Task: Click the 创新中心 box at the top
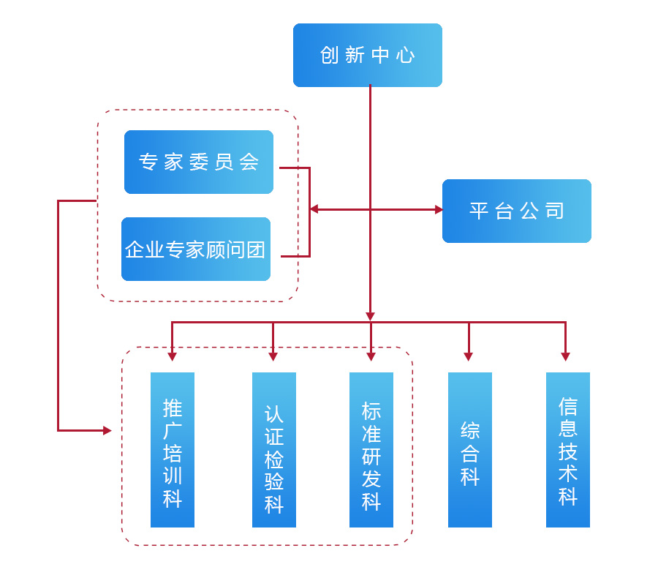368,56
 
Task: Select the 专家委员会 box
199,162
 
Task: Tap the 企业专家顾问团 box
196,249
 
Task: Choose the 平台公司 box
517,211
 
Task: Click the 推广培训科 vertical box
173,450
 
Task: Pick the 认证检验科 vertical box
274,450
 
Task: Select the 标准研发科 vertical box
371,450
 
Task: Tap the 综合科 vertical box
470,450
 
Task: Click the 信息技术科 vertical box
568,450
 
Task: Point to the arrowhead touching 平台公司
439,209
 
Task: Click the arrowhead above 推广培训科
173,356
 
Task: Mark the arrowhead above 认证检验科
273,356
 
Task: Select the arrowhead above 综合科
469,356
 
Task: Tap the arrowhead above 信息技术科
566,356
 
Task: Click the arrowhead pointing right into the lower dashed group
107,430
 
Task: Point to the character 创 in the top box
328,56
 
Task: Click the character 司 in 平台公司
555,211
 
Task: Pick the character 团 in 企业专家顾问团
256,249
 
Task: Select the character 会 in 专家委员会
249,162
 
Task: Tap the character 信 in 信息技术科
568,406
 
